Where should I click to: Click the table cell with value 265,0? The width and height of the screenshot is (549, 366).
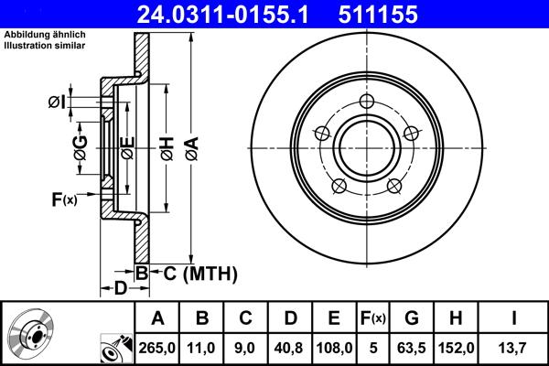pos(157,347)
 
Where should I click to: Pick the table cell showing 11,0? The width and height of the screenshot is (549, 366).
pos(202,347)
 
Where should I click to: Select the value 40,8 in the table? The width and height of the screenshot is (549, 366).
pos(290,347)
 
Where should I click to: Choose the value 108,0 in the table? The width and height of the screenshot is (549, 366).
pos(335,347)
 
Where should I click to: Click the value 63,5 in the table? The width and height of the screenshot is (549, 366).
pos(413,347)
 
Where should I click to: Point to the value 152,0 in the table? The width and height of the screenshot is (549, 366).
pos(457,347)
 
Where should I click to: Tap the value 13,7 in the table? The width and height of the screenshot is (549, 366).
pos(512,347)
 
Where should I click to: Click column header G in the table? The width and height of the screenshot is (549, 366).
pos(413,318)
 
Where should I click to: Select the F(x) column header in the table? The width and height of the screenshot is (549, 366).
pos(372,318)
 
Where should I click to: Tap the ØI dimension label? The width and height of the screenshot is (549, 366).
pos(56,102)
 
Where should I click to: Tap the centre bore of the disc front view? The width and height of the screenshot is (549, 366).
pos(366,145)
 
